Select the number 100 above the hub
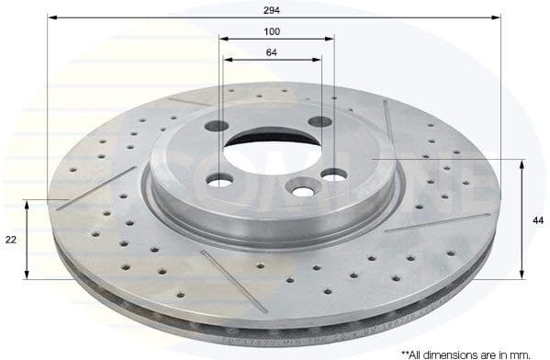pos(272,30)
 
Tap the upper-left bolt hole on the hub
pos(219,127)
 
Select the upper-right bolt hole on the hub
pos(320,122)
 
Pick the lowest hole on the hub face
pos(300,188)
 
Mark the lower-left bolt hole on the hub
pos(220,180)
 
